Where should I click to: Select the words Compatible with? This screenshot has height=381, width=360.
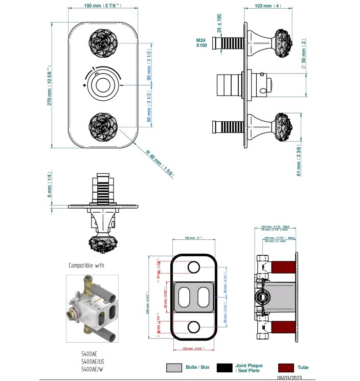point(86,265)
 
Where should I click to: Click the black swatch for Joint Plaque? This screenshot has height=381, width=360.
point(224,367)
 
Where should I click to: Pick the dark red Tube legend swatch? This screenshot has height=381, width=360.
point(285,367)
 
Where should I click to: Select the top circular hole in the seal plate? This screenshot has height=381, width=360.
point(194,267)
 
